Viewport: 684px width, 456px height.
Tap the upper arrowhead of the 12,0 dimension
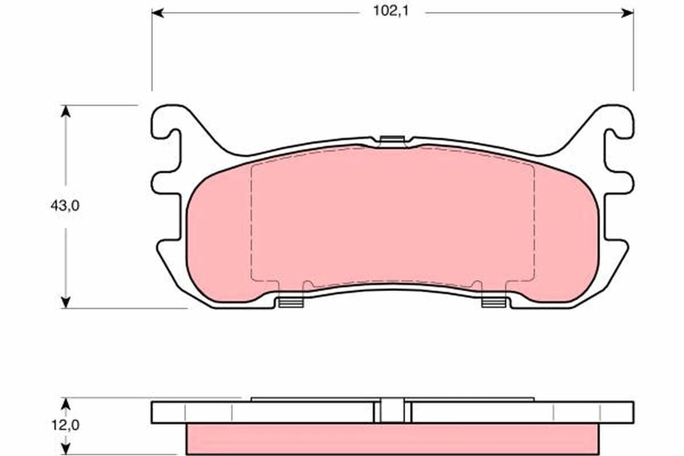tap(66, 404)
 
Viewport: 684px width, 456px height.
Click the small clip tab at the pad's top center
tap(392, 139)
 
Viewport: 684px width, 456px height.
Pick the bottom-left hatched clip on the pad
tap(291, 302)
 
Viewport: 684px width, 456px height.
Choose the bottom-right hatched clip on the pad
tap(494, 302)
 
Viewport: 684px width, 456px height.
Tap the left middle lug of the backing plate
tap(165, 185)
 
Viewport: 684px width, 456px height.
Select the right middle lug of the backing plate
tap(620, 185)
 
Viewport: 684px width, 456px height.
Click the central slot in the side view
tap(392, 410)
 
